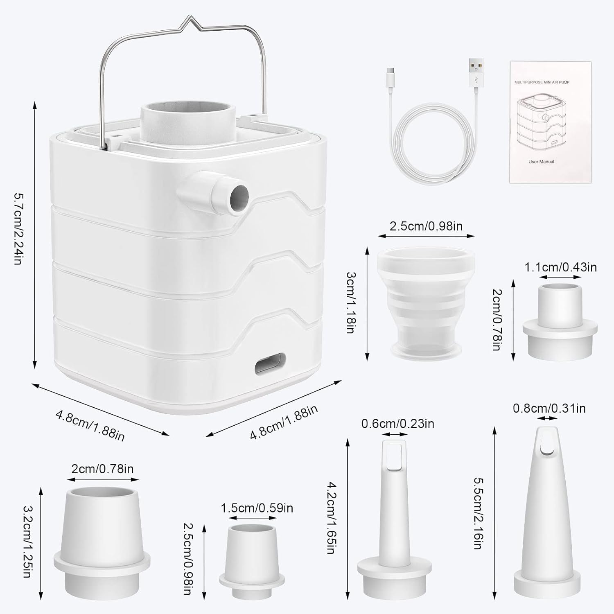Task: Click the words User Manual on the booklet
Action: pyautogui.click(x=541, y=162)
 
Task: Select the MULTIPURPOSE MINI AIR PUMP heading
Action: pyautogui.click(x=542, y=82)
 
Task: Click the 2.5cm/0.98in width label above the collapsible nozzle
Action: pyautogui.click(x=426, y=226)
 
